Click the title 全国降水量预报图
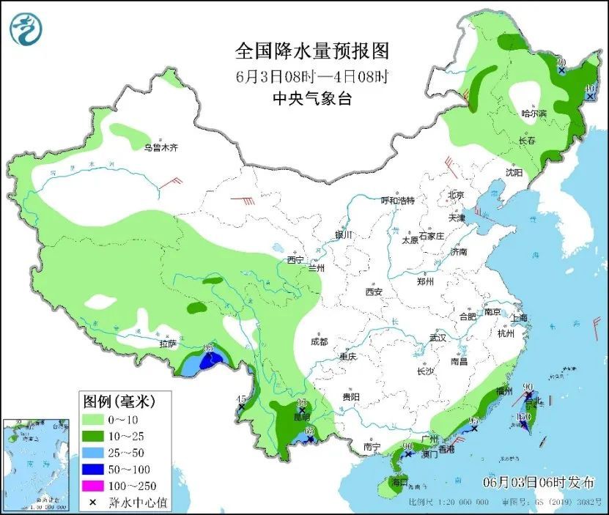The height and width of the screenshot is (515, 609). [x=311, y=51]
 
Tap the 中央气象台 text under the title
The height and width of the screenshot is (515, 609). [x=311, y=99]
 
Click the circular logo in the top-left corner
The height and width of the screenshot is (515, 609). [x=26, y=29]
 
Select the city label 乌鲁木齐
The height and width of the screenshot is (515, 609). [x=160, y=147]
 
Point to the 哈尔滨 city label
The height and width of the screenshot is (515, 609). [x=534, y=114]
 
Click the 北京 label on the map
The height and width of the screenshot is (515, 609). [x=456, y=195]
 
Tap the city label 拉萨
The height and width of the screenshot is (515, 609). [x=168, y=343]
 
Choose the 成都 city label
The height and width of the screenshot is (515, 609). [x=319, y=341]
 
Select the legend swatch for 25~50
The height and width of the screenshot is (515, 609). [x=93, y=453]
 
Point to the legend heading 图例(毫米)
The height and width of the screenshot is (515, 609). [x=117, y=401]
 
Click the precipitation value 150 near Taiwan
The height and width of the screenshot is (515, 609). [x=523, y=418]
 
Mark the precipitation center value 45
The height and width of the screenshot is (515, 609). [x=240, y=399]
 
